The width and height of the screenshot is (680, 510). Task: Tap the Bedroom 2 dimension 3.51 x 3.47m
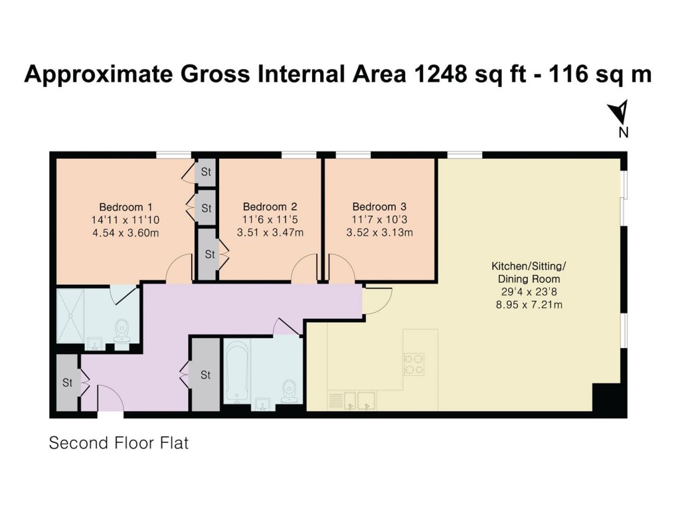tap(270, 232)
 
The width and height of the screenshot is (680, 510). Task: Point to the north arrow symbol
tap(621, 112)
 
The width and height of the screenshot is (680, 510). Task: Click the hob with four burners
tap(413, 363)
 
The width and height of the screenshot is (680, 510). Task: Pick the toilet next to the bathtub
tap(290, 392)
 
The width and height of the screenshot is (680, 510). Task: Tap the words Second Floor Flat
tap(119, 443)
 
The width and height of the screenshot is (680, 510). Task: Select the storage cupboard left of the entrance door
tap(67, 382)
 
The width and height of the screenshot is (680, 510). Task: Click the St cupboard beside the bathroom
tap(205, 375)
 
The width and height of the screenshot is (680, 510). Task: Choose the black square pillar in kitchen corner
tap(606, 398)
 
